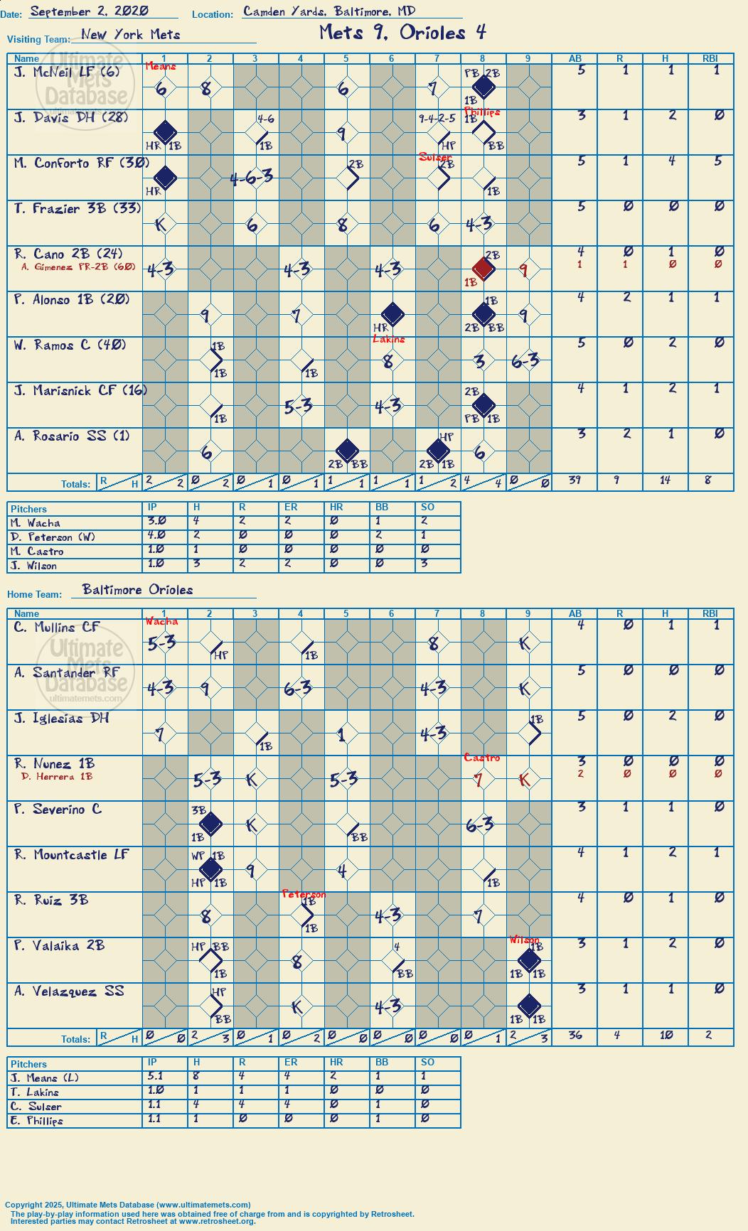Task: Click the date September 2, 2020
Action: pyautogui.click(x=90, y=11)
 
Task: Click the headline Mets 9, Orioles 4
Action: pyautogui.click(x=402, y=32)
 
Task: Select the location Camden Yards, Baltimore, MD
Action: pyautogui.click(x=329, y=11)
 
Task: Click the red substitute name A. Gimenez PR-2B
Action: pyautogui.click(x=78, y=267)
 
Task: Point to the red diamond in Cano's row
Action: pyautogui.click(x=483, y=269)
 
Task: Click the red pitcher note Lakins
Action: pyautogui.click(x=389, y=339)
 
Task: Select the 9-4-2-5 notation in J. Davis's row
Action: pyautogui.click(x=437, y=119)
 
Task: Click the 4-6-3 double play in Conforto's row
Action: pyautogui.click(x=252, y=178)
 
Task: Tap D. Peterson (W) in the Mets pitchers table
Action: pyautogui.click(x=53, y=537)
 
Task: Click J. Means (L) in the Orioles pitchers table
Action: pyautogui.click(x=45, y=1078)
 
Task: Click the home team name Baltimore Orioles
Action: pyautogui.click(x=137, y=589)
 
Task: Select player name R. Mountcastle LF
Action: pyautogui.click(x=71, y=854)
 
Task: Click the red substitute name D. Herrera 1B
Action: pyautogui.click(x=57, y=776)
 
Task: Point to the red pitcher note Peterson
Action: pyautogui.click(x=304, y=894)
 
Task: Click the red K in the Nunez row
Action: pyautogui.click(x=525, y=780)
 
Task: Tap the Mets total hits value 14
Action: pyautogui.click(x=665, y=480)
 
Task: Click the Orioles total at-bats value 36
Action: pyautogui.click(x=575, y=1035)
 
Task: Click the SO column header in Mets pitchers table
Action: pyautogui.click(x=427, y=507)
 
